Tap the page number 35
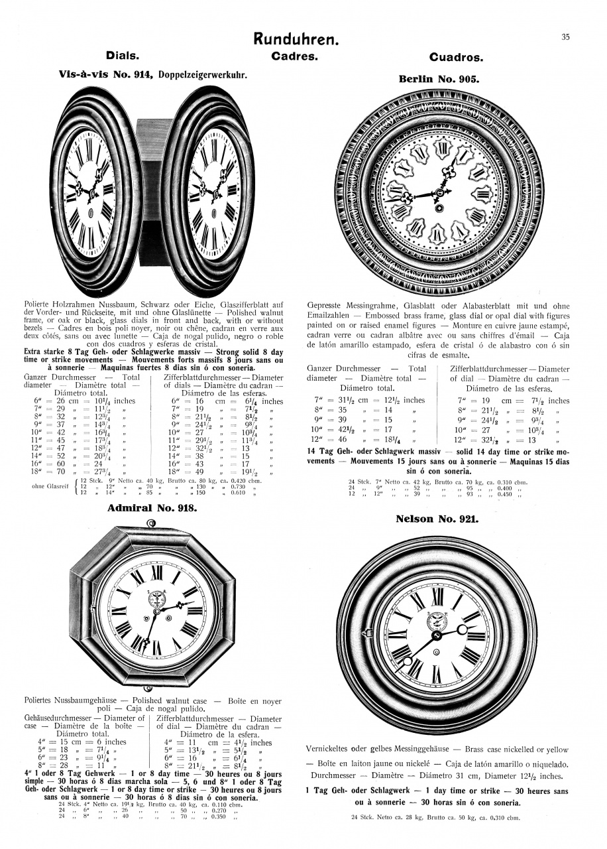(x=565, y=37)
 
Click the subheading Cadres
(x=295, y=56)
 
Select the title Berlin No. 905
(x=439, y=78)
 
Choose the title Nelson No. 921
(x=437, y=519)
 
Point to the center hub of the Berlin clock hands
(x=439, y=193)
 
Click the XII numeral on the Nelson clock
(x=437, y=596)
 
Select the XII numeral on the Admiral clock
(x=157, y=572)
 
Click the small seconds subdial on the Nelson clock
(x=437, y=621)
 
